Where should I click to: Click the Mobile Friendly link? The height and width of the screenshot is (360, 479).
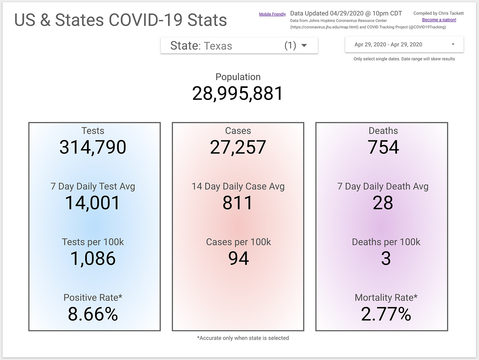point(272,14)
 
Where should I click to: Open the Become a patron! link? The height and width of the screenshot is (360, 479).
point(439,20)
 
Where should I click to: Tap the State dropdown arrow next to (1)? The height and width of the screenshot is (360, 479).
point(304,46)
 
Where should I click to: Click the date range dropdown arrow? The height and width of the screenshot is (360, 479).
point(453,44)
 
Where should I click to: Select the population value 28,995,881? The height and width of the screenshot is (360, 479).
point(238,93)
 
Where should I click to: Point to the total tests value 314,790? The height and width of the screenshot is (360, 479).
point(93,147)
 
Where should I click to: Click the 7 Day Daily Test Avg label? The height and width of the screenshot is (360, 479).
point(93,187)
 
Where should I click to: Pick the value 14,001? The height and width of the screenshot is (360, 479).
point(93,203)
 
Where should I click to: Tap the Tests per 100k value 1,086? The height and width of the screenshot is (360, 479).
point(93,258)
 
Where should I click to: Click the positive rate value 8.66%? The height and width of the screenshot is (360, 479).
point(93,314)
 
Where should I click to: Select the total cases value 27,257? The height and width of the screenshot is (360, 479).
point(238,147)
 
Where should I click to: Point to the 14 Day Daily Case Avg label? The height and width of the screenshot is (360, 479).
point(238,187)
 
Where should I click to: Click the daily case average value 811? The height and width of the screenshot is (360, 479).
point(238,203)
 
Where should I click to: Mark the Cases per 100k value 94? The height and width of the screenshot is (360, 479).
point(238,258)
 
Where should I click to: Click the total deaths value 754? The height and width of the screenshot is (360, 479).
point(383,147)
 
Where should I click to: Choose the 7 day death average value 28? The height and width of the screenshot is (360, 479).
point(383,203)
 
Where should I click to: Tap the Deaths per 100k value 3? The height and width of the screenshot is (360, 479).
point(386,258)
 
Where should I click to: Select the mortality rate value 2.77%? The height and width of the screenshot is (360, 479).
point(386,314)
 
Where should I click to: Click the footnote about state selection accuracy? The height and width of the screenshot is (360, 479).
point(243,338)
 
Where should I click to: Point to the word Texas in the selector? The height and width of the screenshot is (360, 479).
point(218,46)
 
